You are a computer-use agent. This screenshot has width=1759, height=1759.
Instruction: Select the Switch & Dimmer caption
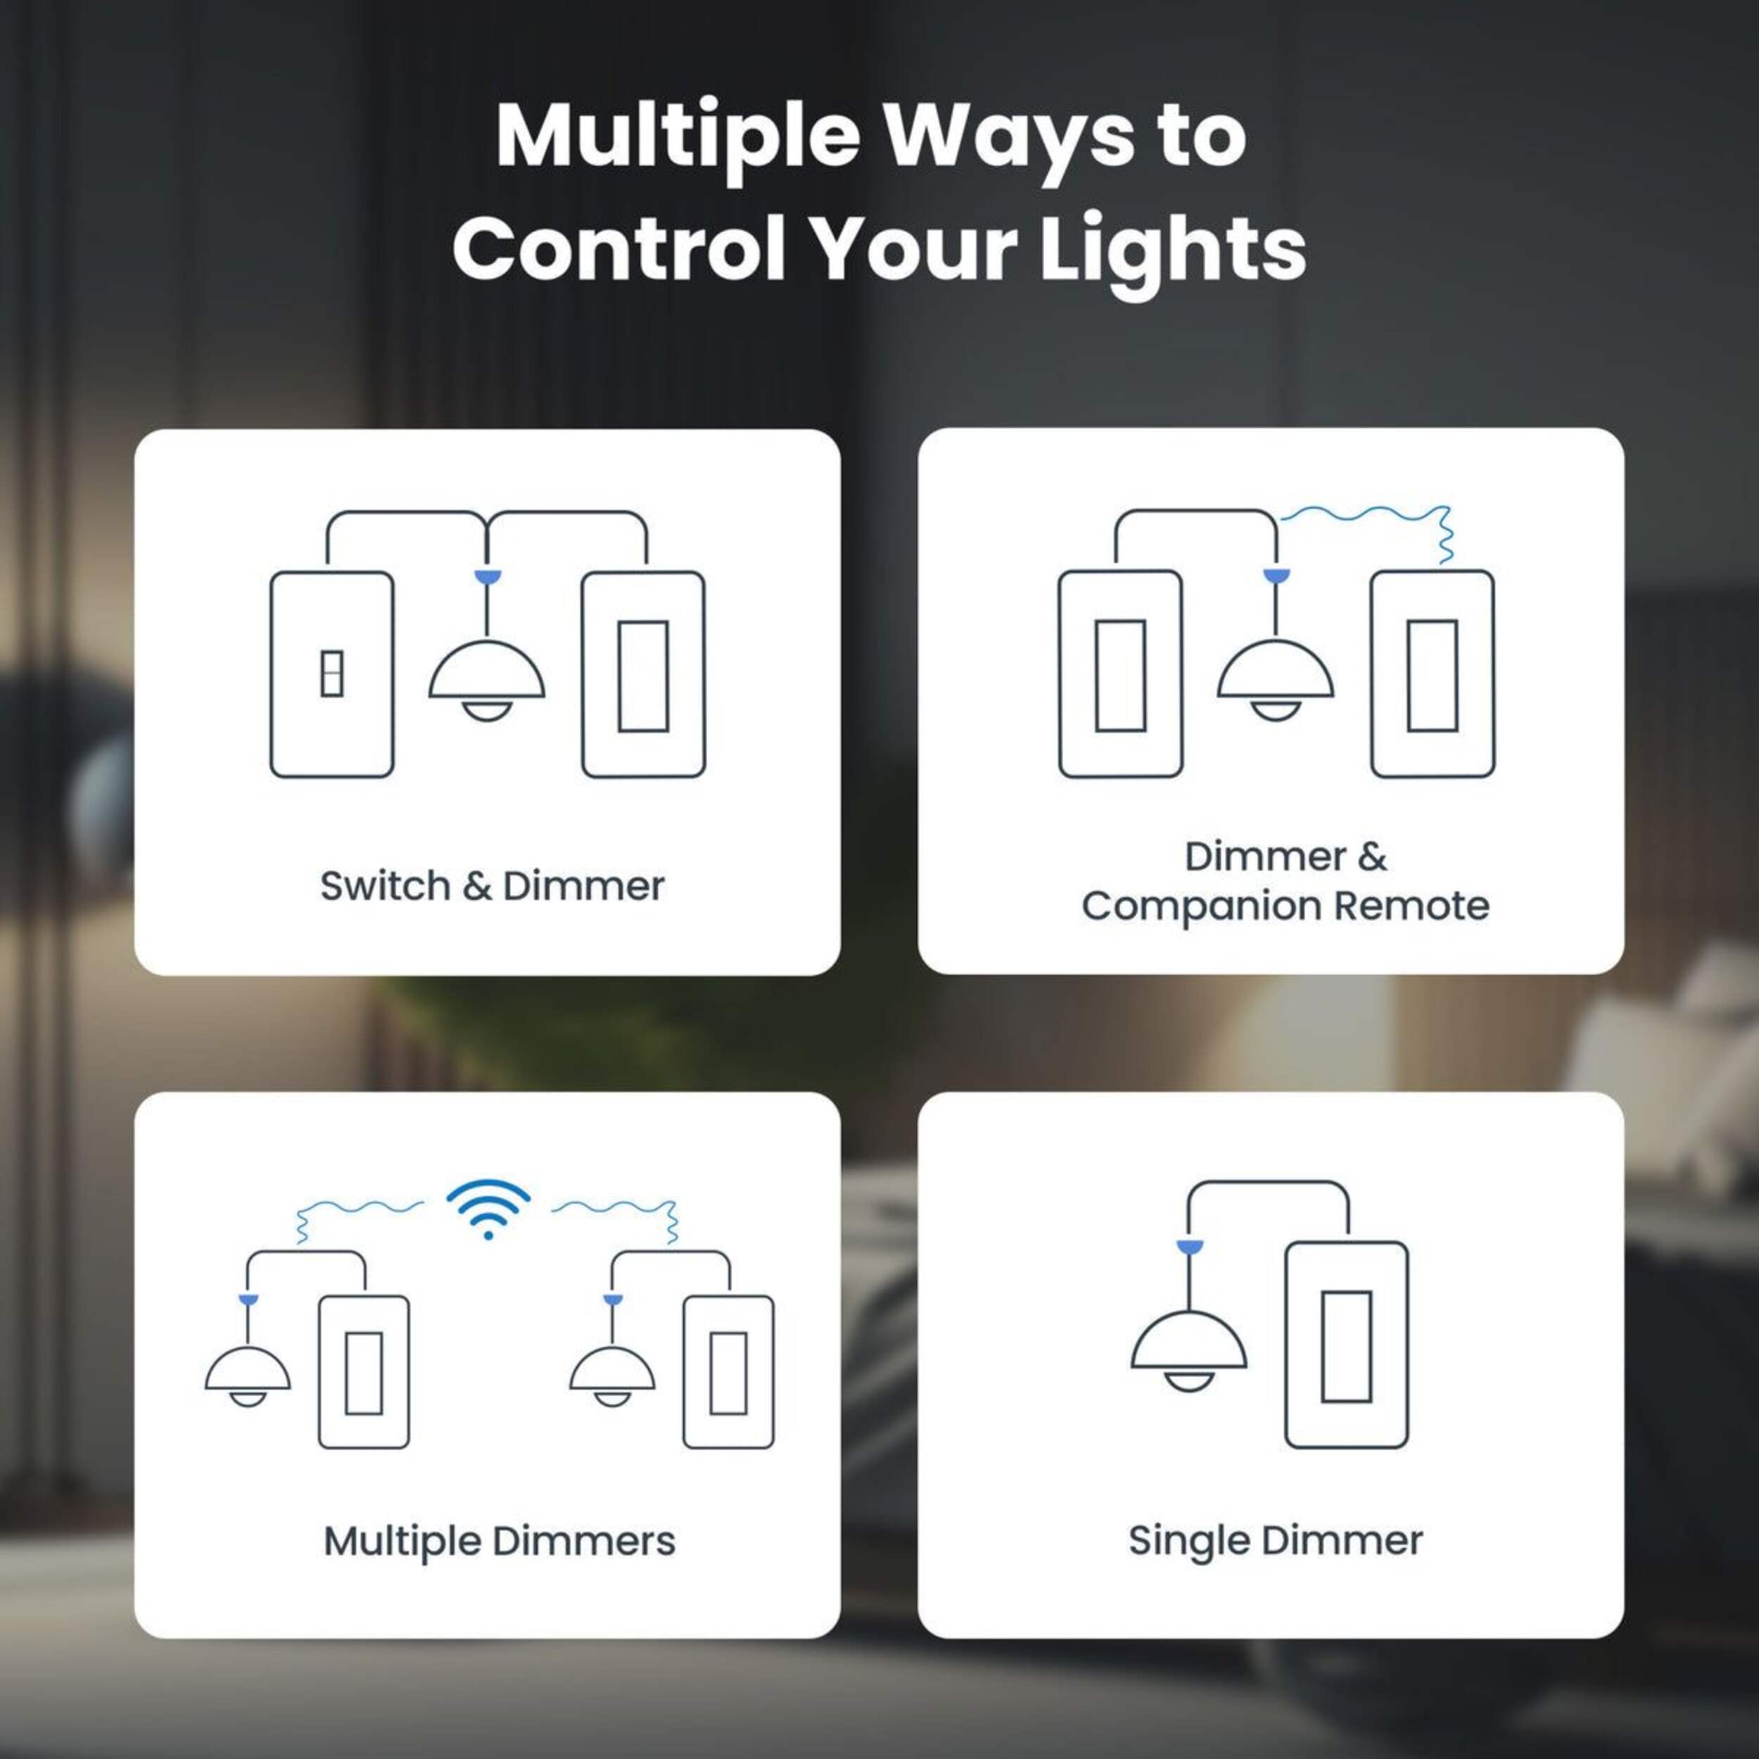point(492,886)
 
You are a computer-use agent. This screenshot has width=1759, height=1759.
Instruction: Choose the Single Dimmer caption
point(1275,1540)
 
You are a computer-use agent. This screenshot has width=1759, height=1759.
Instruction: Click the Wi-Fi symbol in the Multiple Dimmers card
point(488,1208)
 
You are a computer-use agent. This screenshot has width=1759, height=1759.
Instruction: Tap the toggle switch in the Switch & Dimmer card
point(332,675)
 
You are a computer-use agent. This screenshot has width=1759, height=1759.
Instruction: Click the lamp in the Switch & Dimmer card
point(487,678)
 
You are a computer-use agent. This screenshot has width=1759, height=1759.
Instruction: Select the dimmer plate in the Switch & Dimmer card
point(644,675)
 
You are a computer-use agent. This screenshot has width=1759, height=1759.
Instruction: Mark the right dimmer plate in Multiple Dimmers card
point(729,1372)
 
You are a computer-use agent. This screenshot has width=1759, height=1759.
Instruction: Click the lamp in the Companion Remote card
point(1276,678)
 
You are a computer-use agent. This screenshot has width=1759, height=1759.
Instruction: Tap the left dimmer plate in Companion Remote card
point(1121,675)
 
